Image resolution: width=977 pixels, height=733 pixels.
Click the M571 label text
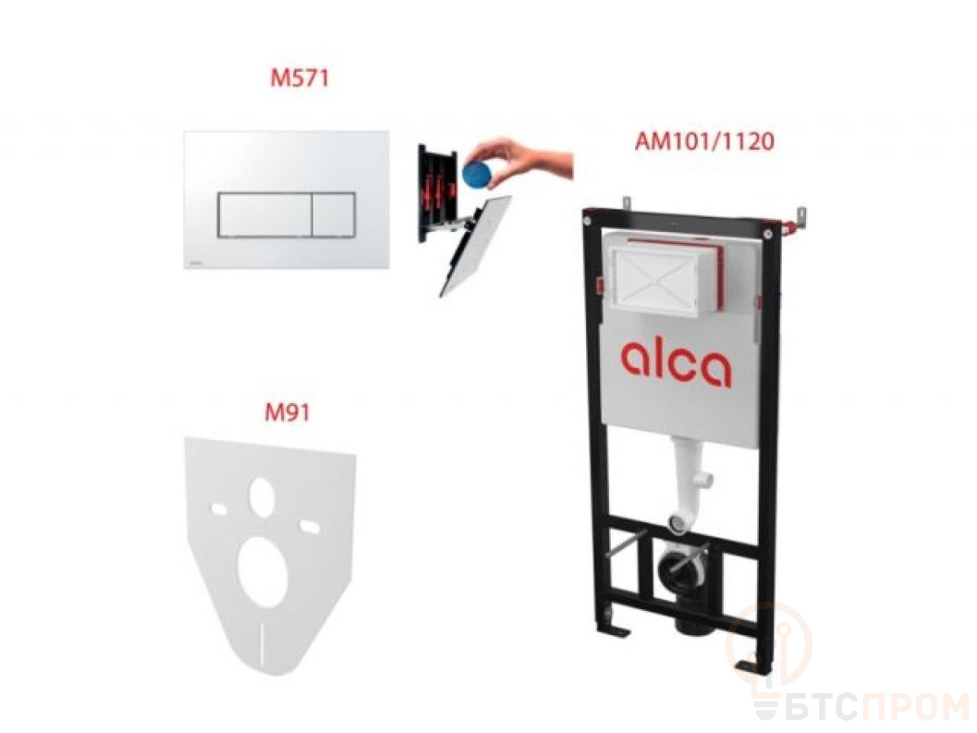point(299,78)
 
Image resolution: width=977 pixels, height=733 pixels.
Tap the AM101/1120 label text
point(704,142)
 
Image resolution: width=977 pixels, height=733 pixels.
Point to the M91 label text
point(287,412)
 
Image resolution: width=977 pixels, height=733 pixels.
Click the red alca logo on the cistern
point(676,364)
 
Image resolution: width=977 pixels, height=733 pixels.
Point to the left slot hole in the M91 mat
point(217,509)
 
